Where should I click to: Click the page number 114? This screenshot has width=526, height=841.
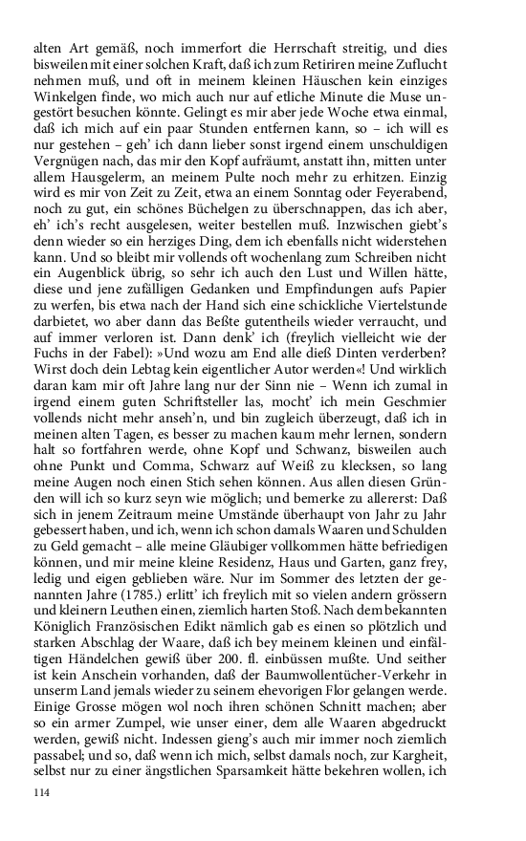[41, 792]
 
